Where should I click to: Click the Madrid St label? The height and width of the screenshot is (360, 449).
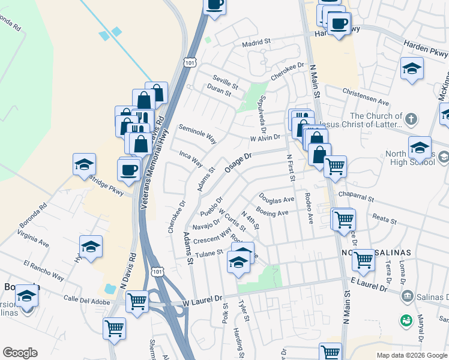257,43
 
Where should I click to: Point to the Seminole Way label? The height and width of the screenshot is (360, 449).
197,134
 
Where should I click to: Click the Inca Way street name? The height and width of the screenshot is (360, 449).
191,158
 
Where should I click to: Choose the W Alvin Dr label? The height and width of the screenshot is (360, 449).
265,137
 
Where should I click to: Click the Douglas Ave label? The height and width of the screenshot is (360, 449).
277,198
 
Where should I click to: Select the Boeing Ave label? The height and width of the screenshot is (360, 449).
273,212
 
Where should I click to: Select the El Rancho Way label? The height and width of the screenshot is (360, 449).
44,269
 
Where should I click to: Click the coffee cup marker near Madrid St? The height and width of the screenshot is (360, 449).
214,5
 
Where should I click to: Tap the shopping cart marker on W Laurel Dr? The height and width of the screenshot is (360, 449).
137,300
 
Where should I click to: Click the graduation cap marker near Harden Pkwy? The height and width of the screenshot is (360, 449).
412,69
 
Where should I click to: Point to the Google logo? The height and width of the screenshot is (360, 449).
20,353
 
